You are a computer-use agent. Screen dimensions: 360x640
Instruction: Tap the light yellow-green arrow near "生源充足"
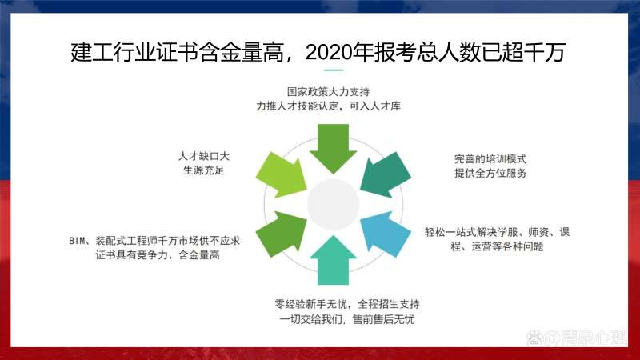click(x=281, y=173)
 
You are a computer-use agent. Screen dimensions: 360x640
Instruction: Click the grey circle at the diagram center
click(x=333, y=203)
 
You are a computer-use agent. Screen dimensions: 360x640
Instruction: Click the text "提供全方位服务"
click(x=490, y=173)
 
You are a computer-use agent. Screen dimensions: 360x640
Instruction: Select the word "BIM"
click(x=76, y=240)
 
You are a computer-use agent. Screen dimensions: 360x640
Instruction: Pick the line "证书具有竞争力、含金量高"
click(x=152, y=254)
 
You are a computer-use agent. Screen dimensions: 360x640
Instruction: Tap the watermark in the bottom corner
click(x=576, y=338)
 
